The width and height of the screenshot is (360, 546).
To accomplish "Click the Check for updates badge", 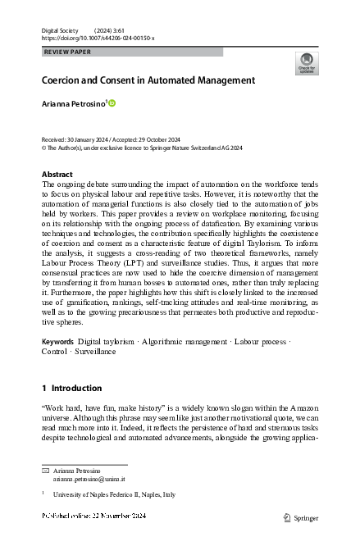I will (305, 62).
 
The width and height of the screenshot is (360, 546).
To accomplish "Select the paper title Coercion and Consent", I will (148, 80).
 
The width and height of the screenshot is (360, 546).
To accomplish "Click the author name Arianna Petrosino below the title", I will (73, 103).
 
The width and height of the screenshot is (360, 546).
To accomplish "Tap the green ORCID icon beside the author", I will (112, 103).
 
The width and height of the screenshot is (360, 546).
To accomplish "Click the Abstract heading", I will (57, 175).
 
